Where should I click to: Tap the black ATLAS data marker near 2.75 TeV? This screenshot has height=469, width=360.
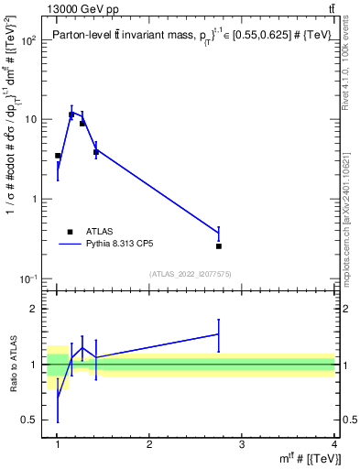tap(219, 246)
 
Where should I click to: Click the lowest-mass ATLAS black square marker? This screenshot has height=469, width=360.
tap(58, 156)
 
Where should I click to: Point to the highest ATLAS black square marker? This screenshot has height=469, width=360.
tap(71, 115)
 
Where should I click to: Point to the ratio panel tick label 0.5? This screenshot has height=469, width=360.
tap(33, 420)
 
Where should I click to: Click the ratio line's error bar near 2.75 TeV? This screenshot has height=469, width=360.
tap(219, 334)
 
